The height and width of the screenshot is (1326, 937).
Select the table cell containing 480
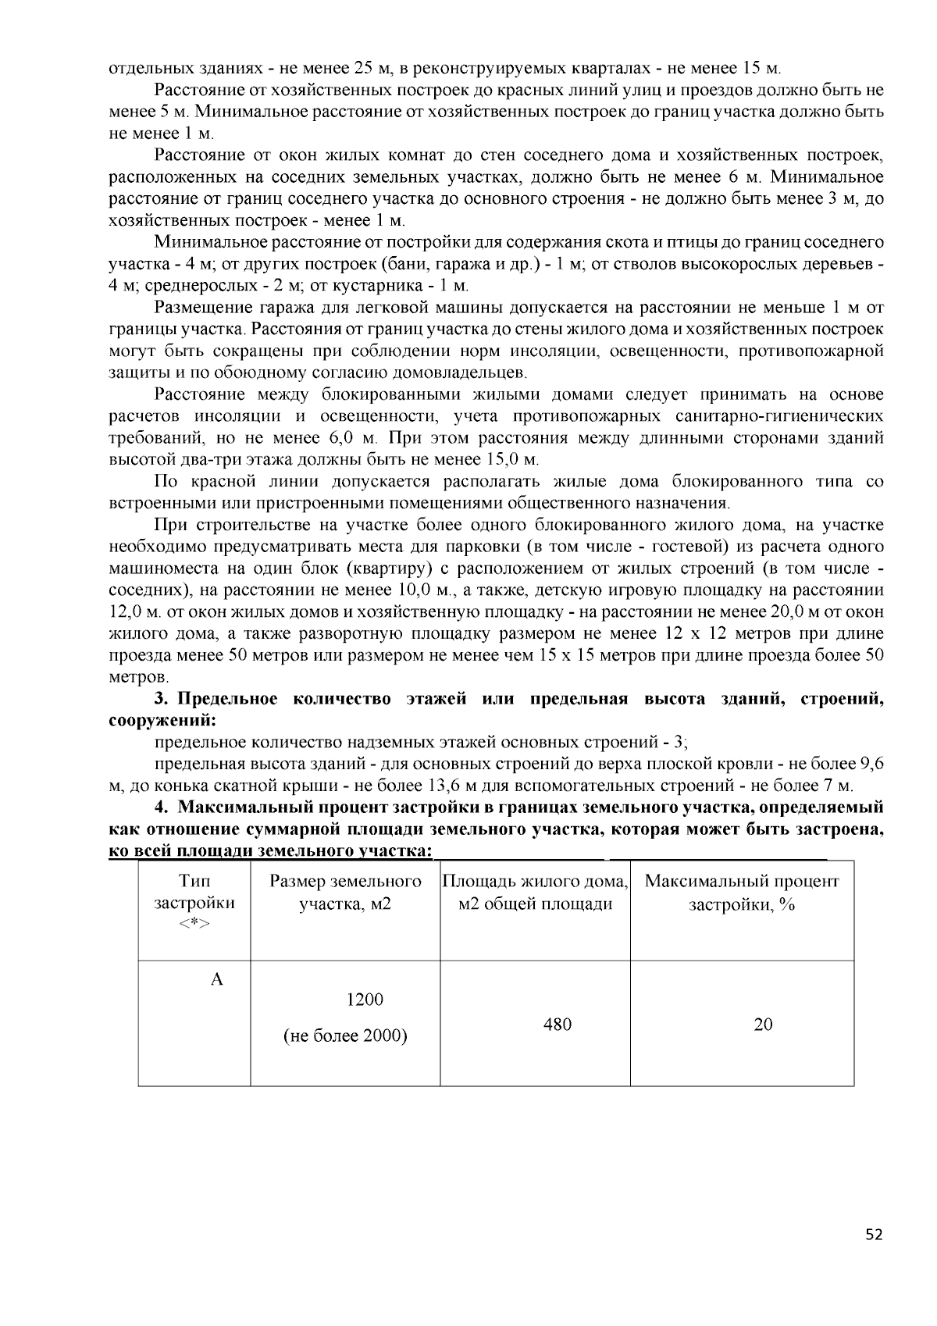pos(558,1024)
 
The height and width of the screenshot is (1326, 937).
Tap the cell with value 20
pos(763,1024)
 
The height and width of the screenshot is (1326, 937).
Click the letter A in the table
pos(217,979)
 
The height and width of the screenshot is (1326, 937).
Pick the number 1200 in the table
pos(365,999)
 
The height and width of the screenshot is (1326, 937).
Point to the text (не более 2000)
pos(345,1036)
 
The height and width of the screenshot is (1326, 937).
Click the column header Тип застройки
pos(194,902)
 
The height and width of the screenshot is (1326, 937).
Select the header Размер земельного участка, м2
pos(345,893)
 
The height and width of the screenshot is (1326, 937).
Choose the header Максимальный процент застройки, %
pos(742,893)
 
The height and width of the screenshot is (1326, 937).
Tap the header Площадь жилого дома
pos(535,882)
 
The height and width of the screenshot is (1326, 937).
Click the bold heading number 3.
pos(160,698)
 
